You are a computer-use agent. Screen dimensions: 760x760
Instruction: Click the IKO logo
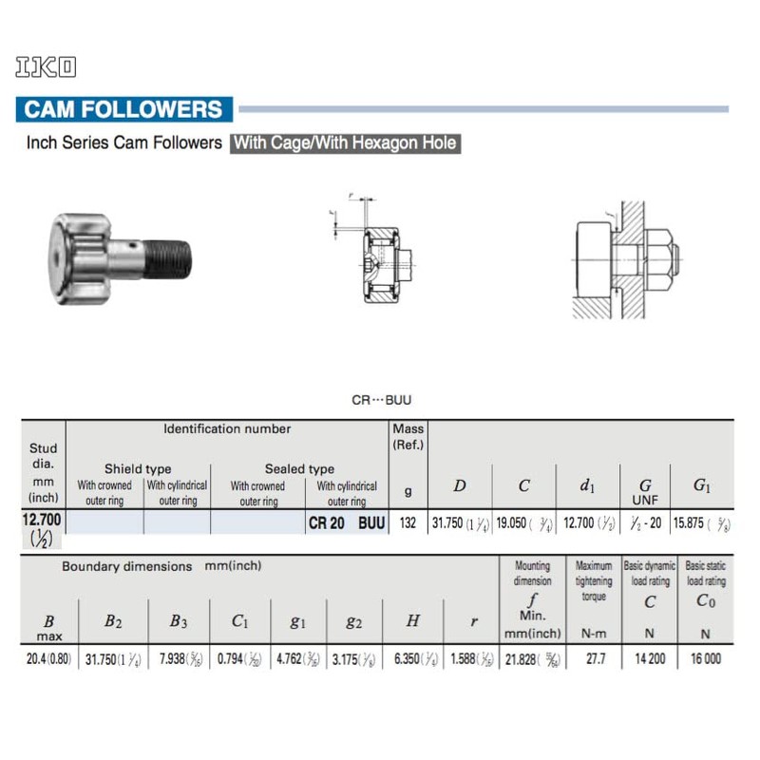45,67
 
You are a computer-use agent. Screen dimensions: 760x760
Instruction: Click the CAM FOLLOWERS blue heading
123,109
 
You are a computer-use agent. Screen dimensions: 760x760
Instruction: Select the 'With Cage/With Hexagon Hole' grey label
345,143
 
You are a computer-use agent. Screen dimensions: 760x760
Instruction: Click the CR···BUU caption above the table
381,401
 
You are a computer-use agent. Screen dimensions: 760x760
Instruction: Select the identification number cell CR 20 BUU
346,523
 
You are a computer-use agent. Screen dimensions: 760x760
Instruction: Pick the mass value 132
408,523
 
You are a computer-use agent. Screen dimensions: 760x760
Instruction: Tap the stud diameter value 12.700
41,520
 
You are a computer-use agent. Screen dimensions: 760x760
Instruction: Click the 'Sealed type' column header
299,468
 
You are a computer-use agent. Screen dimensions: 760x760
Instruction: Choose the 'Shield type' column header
138,468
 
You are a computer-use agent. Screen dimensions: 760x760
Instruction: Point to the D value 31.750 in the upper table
460,523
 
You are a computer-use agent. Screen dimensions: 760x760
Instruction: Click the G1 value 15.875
701,523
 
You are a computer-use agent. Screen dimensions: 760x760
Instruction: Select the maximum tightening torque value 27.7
595,657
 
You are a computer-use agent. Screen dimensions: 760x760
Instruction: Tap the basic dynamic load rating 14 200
650,657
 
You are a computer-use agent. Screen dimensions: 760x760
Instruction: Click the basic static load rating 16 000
705,657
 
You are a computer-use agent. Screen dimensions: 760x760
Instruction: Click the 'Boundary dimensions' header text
127,566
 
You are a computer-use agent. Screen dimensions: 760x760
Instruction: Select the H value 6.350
413,657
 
